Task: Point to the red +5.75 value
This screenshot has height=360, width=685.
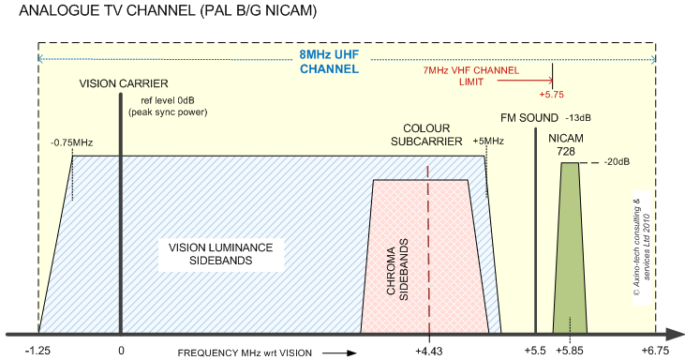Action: pos(552,94)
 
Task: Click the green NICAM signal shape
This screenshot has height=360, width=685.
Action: pos(570,253)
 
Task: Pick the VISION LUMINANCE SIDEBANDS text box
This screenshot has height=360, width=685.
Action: pos(220,254)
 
